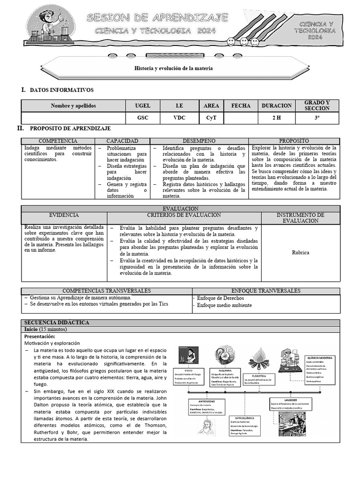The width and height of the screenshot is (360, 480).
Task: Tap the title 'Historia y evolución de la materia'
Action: coord(173,68)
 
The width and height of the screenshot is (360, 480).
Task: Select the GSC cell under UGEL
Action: coord(142,118)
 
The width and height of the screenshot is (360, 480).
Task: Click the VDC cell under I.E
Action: coord(179,118)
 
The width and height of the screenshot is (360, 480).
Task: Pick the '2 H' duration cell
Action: coord(277,118)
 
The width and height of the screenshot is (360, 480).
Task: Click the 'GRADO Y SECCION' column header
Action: coord(317,105)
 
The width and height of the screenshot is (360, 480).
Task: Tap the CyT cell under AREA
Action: coord(211,118)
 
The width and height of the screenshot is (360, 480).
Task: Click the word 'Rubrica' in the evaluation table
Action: coord(300,253)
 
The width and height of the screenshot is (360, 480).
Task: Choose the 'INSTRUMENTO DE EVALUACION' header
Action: coord(300,217)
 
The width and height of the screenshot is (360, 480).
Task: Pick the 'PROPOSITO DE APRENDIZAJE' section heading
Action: coord(70,128)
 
